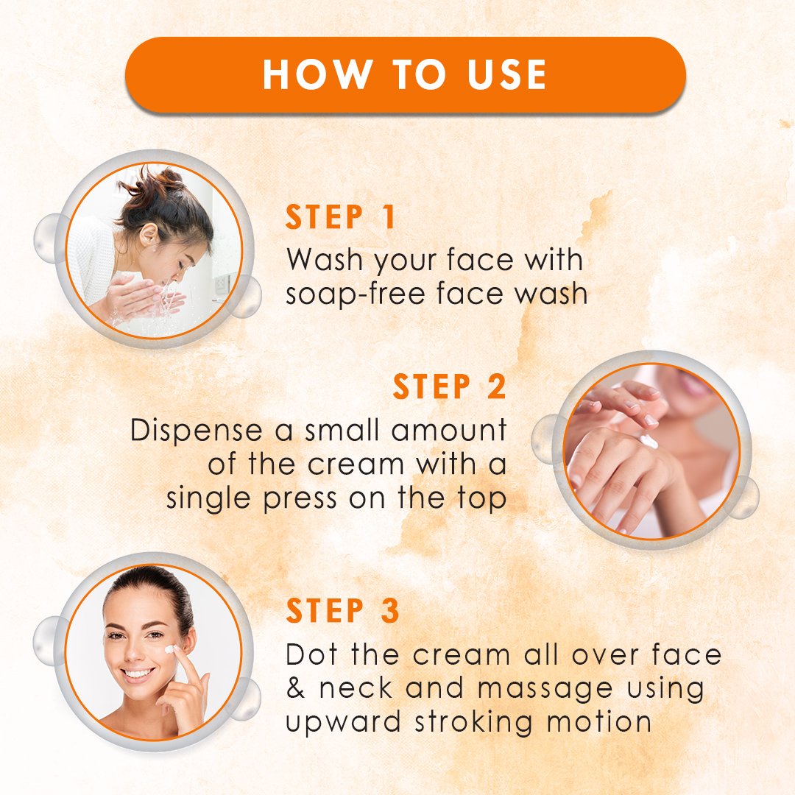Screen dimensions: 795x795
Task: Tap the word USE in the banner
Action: (506, 74)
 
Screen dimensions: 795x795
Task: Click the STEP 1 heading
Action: (340, 217)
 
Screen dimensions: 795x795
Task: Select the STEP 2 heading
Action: (450, 387)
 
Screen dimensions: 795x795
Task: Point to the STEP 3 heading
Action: (343, 610)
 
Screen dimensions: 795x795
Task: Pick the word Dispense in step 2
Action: (197, 431)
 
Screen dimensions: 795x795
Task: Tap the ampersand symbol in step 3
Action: (295, 688)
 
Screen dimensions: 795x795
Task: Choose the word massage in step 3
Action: (545, 690)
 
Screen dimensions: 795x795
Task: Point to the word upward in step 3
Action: (343, 722)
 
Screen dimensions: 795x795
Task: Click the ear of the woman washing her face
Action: (148, 235)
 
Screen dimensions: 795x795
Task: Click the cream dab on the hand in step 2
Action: (647, 440)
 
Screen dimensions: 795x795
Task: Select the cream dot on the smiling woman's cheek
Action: (170, 649)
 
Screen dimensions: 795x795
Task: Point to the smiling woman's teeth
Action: (138, 674)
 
